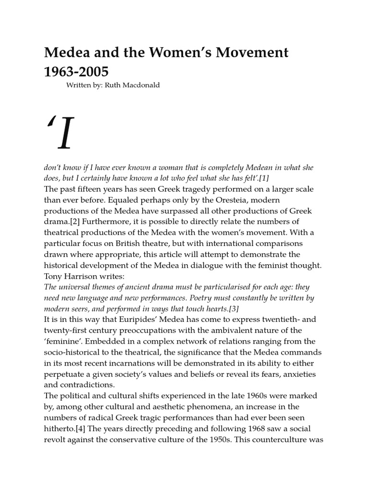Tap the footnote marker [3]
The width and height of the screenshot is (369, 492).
point(231,309)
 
